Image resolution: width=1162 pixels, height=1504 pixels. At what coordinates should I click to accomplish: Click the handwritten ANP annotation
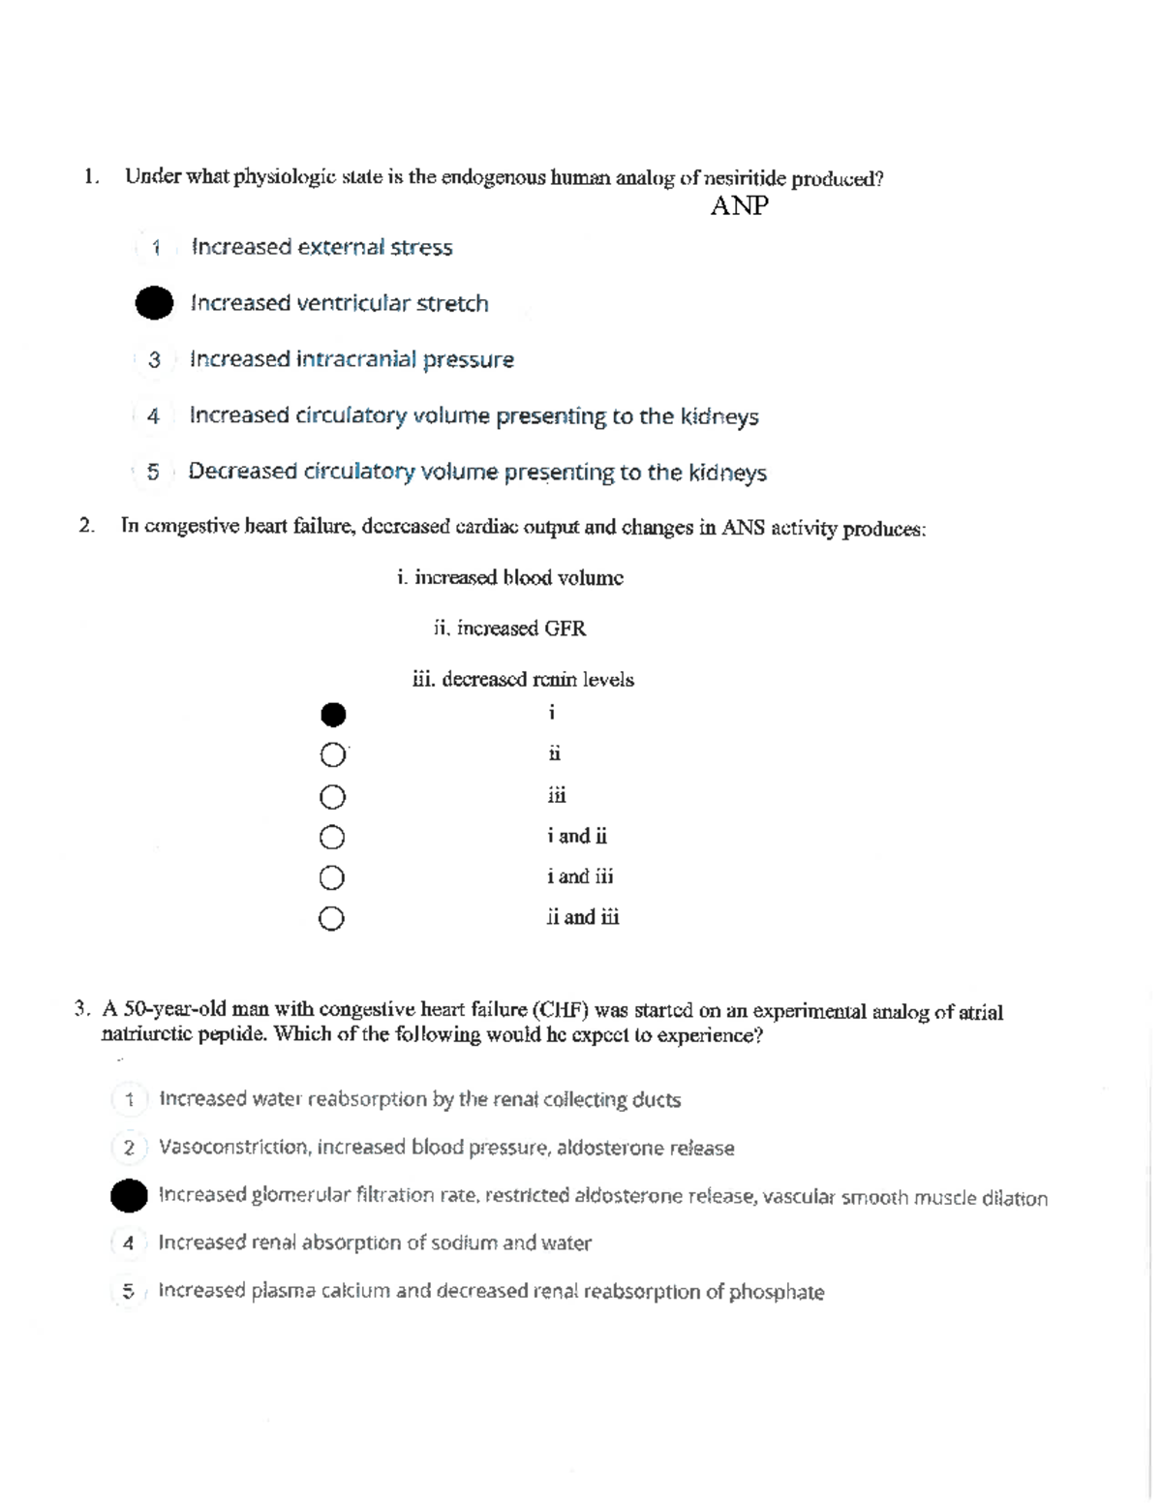[x=739, y=206]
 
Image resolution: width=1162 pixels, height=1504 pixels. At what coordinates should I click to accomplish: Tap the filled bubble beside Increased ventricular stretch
[x=154, y=303]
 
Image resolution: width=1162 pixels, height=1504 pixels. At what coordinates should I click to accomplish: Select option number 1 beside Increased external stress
[x=155, y=248]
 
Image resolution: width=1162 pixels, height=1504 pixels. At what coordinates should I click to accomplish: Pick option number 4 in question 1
[x=153, y=416]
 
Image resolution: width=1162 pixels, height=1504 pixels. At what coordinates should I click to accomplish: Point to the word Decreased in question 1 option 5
[x=242, y=472]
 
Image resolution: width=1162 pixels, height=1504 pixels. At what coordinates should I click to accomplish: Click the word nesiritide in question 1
[x=745, y=179]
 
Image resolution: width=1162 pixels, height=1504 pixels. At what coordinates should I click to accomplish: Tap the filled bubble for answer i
[x=332, y=715]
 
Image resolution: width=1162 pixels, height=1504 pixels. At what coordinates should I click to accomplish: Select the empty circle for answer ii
[x=332, y=754]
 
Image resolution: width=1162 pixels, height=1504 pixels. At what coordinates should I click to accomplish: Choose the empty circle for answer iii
[x=332, y=796]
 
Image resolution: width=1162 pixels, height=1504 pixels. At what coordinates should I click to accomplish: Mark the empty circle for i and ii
[x=332, y=837]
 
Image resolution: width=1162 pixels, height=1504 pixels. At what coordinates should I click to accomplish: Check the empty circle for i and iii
[x=332, y=877]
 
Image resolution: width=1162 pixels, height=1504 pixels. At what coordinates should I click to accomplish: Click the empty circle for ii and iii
[x=331, y=918]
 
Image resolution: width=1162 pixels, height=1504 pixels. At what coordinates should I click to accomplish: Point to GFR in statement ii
[x=565, y=629]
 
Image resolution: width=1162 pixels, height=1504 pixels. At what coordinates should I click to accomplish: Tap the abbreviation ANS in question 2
[x=743, y=529]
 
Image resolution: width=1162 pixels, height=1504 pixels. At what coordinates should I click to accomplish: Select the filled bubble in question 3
[x=129, y=1195]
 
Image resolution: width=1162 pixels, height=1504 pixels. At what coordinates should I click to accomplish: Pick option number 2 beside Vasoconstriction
[x=129, y=1149]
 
